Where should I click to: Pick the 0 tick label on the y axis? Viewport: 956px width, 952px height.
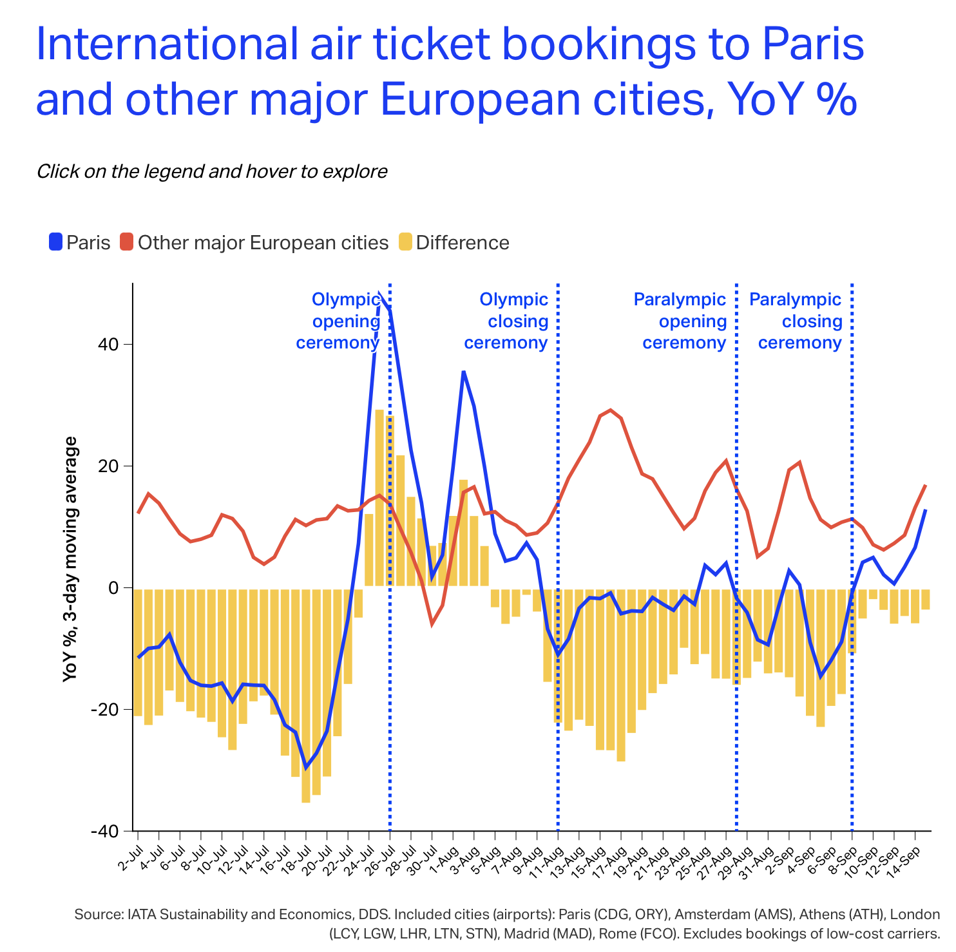pyautogui.click(x=115, y=588)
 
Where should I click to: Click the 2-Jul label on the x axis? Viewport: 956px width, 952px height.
pyautogui.click(x=129, y=857)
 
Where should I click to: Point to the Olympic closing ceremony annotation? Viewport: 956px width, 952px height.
pyautogui.click(x=507, y=321)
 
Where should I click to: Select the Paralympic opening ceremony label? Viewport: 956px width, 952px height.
pyautogui.click(x=682, y=321)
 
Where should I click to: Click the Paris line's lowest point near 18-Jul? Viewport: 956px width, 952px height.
pyautogui.click(x=306, y=766)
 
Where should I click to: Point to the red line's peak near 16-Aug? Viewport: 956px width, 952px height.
pyautogui.click(x=611, y=410)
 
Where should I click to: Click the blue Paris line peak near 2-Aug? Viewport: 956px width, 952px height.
pyautogui.click(x=463, y=372)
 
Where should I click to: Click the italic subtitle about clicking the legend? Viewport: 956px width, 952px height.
pyautogui.click(x=212, y=172)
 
